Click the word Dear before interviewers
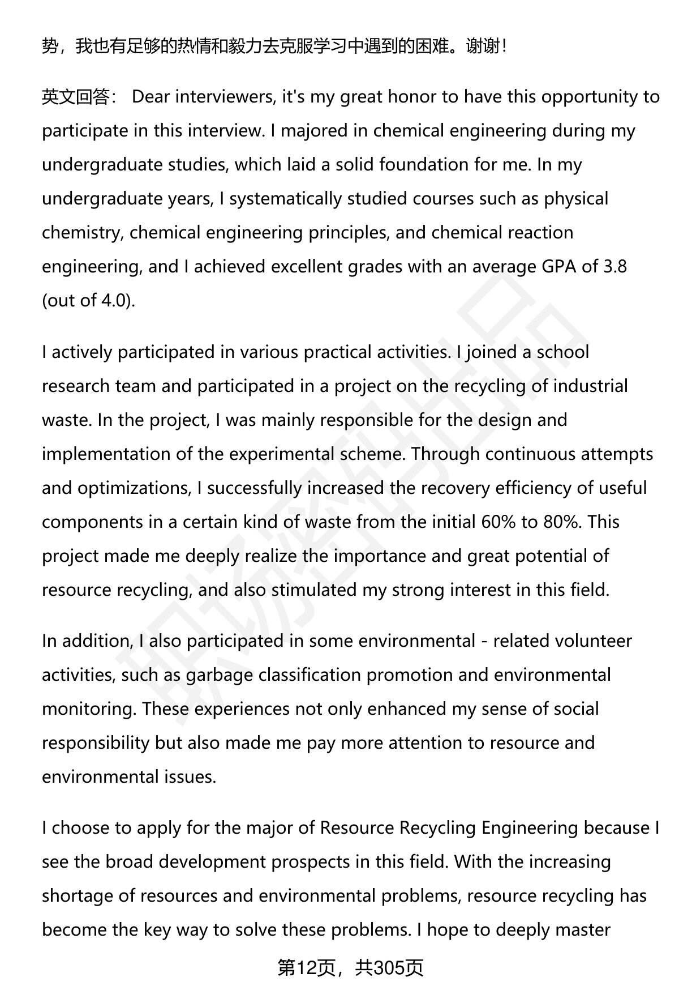coord(151,97)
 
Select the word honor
coord(413,97)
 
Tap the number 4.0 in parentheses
coord(115,301)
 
